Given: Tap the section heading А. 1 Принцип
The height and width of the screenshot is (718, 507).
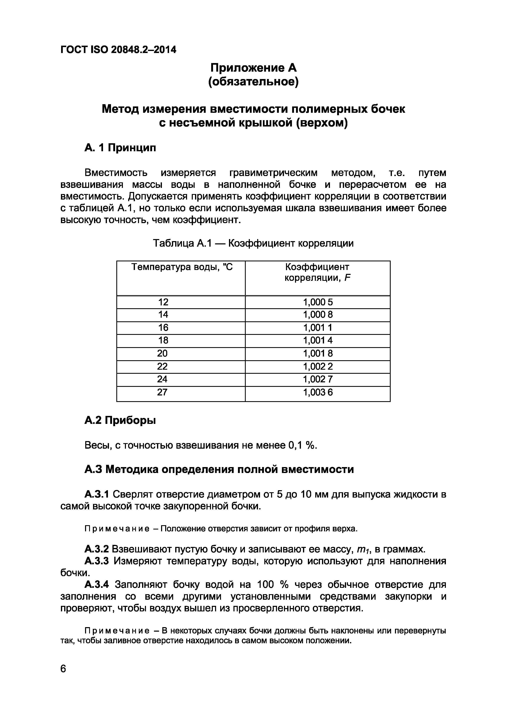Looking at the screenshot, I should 120,147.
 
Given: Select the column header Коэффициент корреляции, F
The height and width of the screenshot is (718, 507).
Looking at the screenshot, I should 317,272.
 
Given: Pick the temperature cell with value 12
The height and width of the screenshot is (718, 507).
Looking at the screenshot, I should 163,302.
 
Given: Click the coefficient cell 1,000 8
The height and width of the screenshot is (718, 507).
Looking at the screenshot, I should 318,315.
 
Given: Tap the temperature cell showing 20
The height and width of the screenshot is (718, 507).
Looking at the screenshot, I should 163,353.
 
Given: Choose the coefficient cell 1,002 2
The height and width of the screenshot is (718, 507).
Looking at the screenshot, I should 318,366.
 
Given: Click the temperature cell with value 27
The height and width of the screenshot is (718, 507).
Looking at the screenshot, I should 163,392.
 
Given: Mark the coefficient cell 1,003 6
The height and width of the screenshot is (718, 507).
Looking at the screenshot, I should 318,392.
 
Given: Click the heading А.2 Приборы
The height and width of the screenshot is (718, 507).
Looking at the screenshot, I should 120,421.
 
